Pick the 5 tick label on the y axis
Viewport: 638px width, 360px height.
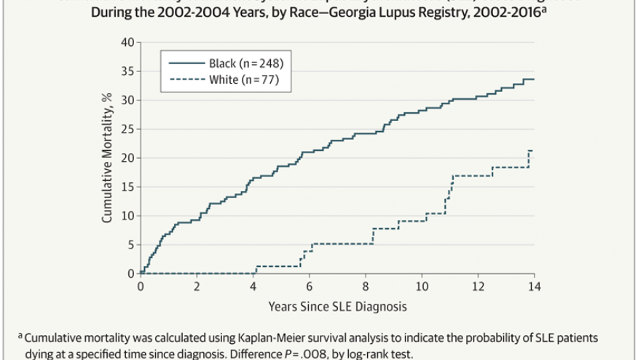click(x=131, y=244)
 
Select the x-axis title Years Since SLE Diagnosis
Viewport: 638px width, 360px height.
click(x=337, y=306)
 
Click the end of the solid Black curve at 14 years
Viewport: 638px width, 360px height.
click(x=534, y=79)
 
